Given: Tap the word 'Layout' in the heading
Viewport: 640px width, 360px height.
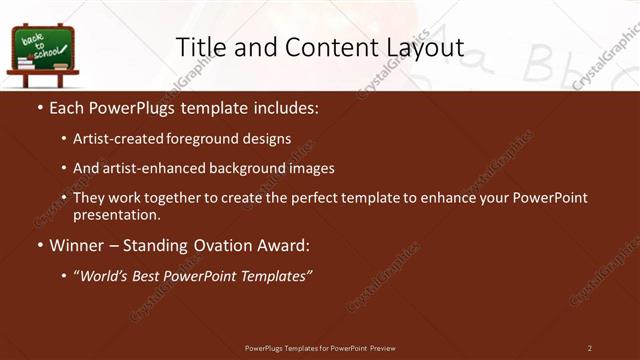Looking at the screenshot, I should click(x=424, y=48).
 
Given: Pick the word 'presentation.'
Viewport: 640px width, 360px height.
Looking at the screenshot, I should click(x=116, y=215).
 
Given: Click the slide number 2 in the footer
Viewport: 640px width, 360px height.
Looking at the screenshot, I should click(x=589, y=348).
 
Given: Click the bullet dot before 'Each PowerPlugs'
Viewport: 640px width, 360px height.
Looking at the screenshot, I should click(x=39, y=106).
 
